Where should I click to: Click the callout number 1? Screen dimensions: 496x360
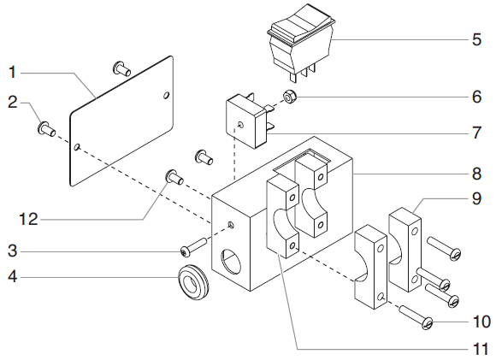tap(12, 72)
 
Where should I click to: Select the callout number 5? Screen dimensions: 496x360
tap(476, 40)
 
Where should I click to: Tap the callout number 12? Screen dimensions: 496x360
tap(29, 219)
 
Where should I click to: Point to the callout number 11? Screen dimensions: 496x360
tap(481, 350)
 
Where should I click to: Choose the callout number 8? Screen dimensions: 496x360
tap(476, 174)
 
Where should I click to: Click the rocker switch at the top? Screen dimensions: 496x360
tap(301, 43)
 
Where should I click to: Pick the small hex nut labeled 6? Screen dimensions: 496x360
tap(288, 97)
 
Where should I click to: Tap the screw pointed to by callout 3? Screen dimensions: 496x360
tap(193, 246)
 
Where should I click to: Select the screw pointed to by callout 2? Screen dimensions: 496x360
tap(46, 129)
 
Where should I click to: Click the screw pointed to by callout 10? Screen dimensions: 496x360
tap(416, 317)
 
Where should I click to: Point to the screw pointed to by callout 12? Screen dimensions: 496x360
tap(174, 177)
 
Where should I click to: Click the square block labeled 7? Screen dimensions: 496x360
tap(249, 121)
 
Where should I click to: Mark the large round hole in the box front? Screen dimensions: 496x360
tap(231, 262)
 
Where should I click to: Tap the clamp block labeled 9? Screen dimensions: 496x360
tap(404, 250)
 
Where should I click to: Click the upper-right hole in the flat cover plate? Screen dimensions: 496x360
tap(167, 95)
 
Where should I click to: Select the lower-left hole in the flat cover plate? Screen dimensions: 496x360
tap(76, 147)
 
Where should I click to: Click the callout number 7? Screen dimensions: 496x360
tap(476, 133)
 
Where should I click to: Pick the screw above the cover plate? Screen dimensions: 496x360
tap(121, 68)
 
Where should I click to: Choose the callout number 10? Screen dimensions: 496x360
tap(481, 322)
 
